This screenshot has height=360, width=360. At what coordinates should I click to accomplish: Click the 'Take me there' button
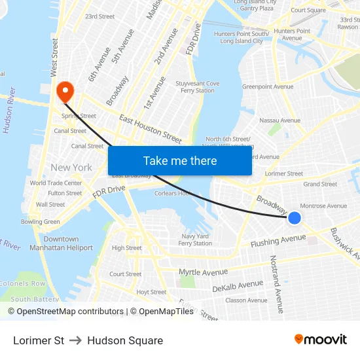[x=180, y=161]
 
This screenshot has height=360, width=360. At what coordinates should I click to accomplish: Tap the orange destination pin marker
[x=65, y=92]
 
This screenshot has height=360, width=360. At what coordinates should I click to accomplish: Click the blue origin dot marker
[x=295, y=218]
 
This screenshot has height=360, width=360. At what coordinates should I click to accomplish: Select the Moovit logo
[x=320, y=340]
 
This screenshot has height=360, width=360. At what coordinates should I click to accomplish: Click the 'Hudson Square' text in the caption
[x=125, y=340]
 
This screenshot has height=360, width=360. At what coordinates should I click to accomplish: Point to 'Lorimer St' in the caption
[x=39, y=340]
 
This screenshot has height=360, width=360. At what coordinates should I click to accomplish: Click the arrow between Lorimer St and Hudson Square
[x=75, y=340]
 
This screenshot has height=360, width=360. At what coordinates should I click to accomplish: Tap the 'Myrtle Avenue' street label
[x=203, y=271]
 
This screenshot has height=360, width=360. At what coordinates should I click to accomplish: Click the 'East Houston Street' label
[x=151, y=128]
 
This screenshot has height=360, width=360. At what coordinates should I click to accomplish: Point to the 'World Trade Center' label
[x=56, y=183]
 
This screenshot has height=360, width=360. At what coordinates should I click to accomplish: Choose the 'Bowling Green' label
[x=40, y=222]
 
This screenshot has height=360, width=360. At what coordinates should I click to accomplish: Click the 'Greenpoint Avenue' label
[x=268, y=86]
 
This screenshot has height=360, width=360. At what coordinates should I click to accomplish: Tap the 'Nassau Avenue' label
[x=279, y=120]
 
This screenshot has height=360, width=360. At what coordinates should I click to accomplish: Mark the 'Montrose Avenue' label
[x=323, y=206]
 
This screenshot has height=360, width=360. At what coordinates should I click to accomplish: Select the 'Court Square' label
[x=308, y=10]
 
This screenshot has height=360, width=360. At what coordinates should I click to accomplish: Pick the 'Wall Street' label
[x=50, y=204]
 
